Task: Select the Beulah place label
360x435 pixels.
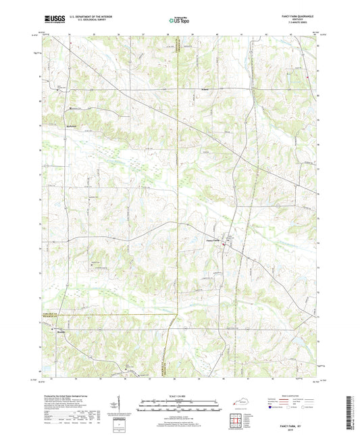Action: [x=61, y=331]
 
